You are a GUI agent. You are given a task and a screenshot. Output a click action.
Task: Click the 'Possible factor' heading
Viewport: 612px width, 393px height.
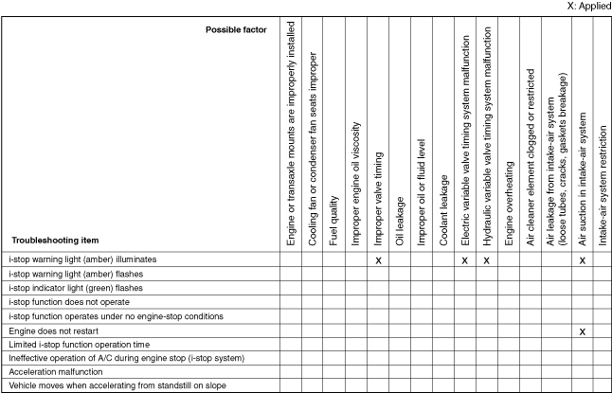236,30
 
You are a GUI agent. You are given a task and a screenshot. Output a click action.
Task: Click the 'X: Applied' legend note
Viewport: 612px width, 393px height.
583,5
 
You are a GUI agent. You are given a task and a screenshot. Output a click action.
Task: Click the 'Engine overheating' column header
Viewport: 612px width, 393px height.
509,204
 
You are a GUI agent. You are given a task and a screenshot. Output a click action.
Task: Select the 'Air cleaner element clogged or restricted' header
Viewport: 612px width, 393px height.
531,157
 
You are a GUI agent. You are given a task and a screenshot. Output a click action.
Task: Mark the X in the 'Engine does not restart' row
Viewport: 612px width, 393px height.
583,332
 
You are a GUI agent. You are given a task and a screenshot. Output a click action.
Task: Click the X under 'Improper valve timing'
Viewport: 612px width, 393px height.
378,259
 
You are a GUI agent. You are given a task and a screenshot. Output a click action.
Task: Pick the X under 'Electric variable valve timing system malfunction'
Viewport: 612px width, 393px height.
465,259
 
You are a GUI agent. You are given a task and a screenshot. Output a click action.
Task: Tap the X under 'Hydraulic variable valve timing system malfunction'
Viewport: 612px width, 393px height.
487,259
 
